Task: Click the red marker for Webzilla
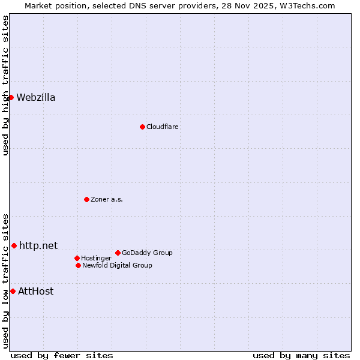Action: point(11,97)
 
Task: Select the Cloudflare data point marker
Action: point(142,127)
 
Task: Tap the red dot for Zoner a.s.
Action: point(86,199)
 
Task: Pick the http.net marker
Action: point(14,245)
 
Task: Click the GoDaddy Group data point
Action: point(118,253)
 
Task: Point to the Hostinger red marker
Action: point(77,258)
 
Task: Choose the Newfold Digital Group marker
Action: point(78,265)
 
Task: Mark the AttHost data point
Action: point(13,291)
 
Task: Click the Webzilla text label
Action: point(36,98)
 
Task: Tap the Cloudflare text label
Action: point(163,127)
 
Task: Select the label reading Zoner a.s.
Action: point(107,199)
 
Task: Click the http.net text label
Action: point(38,245)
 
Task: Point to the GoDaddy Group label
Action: point(147,253)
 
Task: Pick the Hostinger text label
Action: point(96,258)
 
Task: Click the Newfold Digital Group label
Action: point(117,265)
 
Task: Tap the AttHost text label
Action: point(35,292)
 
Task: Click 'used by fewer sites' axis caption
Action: point(62,355)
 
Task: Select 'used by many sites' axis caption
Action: point(301,355)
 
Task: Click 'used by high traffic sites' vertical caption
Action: point(5,85)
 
